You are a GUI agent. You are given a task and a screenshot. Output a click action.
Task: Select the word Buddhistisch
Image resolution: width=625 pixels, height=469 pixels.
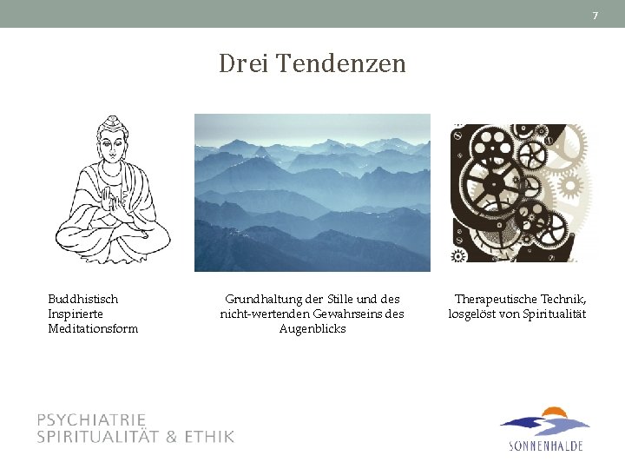[x=83, y=299]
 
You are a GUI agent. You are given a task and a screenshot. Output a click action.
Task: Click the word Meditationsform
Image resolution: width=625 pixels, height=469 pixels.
[x=93, y=328]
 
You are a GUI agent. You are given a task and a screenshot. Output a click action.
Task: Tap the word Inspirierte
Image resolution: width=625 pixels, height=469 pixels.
[x=76, y=314]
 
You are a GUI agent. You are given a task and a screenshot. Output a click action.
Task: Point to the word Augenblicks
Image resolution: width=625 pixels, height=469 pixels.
[x=312, y=328]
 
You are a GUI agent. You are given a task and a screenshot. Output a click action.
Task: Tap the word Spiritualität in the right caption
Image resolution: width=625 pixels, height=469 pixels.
[x=555, y=314]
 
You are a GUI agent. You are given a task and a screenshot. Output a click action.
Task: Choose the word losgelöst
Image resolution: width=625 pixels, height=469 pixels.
[x=474, y=314]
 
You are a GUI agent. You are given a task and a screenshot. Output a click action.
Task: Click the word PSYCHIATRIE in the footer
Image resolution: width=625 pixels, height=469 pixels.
[x=91, y=420]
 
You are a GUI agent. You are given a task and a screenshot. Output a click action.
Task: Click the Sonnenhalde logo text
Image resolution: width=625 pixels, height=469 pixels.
[x=545, y=446]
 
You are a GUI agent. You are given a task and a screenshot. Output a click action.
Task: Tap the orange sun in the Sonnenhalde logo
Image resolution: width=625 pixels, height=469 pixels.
[x=552, y=413]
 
